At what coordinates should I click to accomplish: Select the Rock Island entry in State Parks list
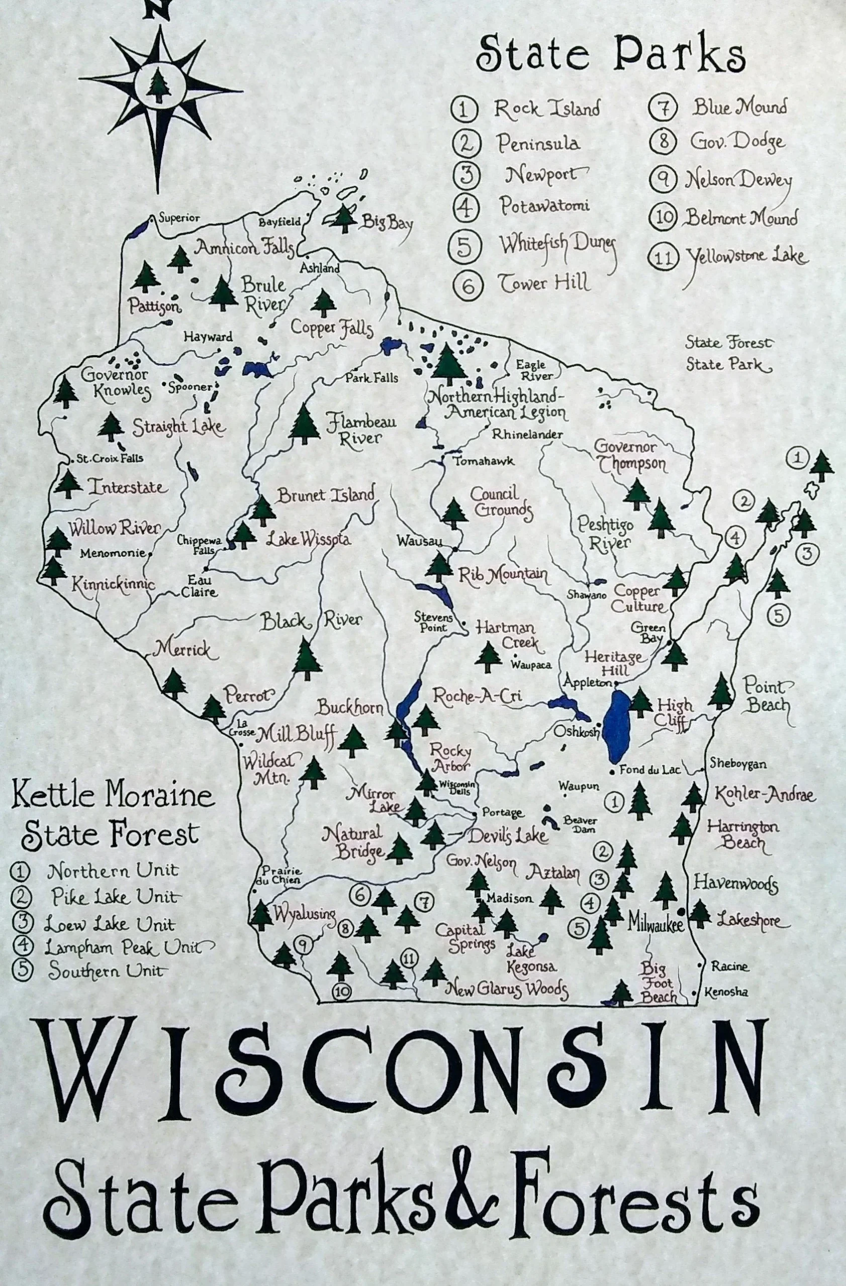(x=546, y=109)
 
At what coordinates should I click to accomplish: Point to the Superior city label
(x=179, y=219)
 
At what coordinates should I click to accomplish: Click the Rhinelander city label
(x=527, y=434)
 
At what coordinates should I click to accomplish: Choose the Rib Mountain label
(x=503, y=574)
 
